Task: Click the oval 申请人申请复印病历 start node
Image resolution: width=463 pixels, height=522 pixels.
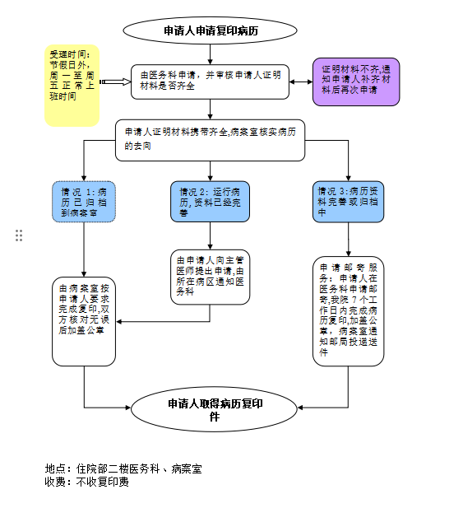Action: [x=210, y=32]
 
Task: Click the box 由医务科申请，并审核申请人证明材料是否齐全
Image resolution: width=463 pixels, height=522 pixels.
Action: [x=210, y=81]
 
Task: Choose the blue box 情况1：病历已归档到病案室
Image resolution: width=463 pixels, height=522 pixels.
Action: [x=85, y=201]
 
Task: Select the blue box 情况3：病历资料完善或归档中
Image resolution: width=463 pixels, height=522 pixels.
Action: [x=348, y=201]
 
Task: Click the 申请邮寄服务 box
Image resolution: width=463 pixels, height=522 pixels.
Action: [x=348, y=310]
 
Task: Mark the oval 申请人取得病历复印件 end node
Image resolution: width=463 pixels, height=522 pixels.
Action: [x=215, y=409]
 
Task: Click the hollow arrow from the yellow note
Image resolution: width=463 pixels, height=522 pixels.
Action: [x=115, y=82]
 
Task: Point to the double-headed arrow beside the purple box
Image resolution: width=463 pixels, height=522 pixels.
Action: [x=301, y=82]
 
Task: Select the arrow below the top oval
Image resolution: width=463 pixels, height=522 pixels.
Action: [x=211, y=54]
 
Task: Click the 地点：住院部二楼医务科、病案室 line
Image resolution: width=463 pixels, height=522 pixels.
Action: [x=123, y=469]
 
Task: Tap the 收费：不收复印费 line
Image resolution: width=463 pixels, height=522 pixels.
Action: [x=86, y=482]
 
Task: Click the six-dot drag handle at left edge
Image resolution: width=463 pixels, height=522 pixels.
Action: [x=19, y=235]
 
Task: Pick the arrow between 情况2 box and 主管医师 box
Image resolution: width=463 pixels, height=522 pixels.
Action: [x=210, y=236]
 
